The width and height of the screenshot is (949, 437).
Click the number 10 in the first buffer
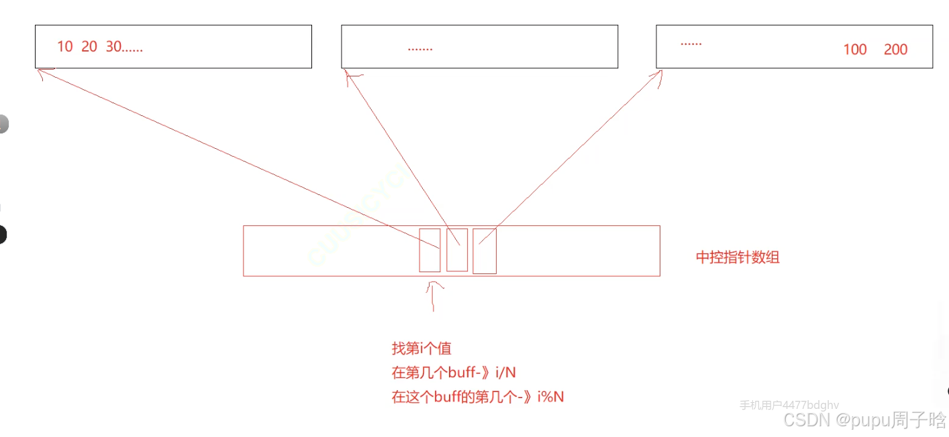(65, 47)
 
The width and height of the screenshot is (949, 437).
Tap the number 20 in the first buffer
(89, 47)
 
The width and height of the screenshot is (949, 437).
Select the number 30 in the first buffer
(113, 47)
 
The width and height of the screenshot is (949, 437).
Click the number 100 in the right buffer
(855, 50)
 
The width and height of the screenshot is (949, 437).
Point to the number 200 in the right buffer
(895, 50)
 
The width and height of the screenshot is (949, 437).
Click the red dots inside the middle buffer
(420, 49)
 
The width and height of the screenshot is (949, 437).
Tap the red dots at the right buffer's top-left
(691, 43)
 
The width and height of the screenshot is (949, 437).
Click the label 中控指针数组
(738, 257)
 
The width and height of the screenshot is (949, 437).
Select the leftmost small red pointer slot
(430, 249)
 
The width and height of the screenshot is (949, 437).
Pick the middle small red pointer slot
(457, 249)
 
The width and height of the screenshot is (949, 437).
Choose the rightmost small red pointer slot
(485, 250)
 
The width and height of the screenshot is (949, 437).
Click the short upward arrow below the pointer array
(434, 295)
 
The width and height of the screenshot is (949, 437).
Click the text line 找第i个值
(421, 349)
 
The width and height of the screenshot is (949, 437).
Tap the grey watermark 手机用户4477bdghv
(789, 405)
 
